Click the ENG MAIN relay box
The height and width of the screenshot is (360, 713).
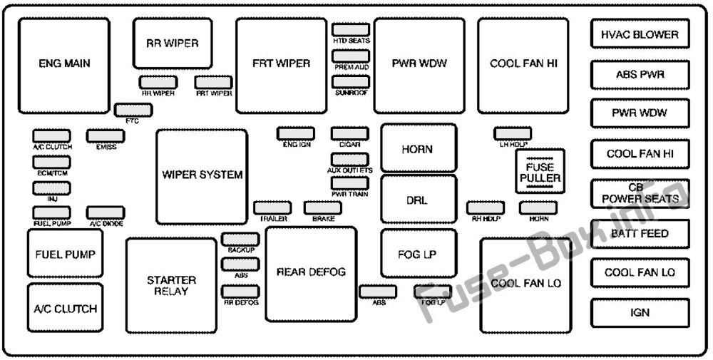click(x=64, y=66)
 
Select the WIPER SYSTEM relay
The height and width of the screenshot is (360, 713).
click(x=202, y=177)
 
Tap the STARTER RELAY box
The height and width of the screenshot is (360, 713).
click(x=171, y=285)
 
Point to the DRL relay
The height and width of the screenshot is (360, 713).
click(x=419, y=199)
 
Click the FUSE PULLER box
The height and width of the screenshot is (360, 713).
click(x=540, y=171)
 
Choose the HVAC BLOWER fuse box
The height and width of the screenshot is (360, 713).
click(x=640, y=34)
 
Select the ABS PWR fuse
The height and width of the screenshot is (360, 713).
click(x=640, y=74)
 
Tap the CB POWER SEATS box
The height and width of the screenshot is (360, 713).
click(x=640, y=194)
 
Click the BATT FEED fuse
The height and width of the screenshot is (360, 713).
click(x=640, y=234)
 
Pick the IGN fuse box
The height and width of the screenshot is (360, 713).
click(x=640, y=313)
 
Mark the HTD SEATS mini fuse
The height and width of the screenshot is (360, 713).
click(x=350, y=30)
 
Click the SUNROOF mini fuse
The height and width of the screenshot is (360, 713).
click(x=350, y=82)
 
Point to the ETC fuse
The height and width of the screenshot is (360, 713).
click(x=133, y=110)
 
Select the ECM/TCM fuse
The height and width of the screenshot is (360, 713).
click(x=51, y=163)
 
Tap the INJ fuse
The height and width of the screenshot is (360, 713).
click(x=51, y=188)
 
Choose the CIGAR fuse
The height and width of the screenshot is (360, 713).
click(x=349, y=133)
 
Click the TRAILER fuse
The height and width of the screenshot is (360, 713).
click(x=272, y=207)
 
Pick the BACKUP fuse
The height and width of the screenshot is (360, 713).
click(x=240, y=240)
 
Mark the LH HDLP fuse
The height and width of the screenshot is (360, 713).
click(x=513, y=133)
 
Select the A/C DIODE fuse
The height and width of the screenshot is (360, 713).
click(x=106, y=212)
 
